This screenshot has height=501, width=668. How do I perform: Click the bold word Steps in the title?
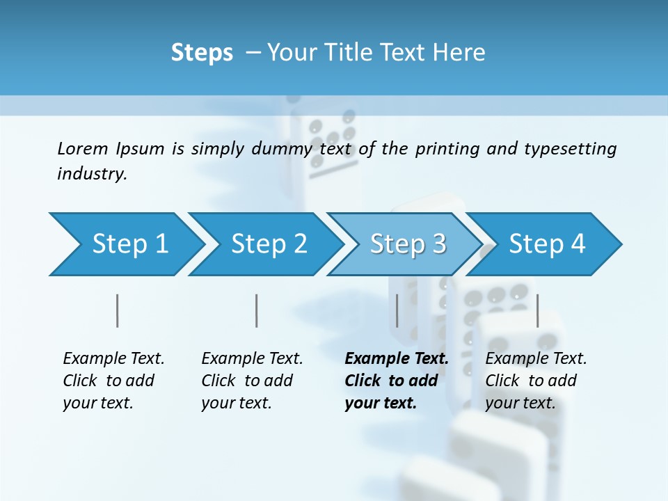pyautogui.click(x=202, y=53)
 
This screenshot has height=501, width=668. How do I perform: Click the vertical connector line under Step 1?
pyautogui.click(x=118, y=310)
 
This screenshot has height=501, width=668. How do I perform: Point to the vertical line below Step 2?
pyautogui.click(x=257, y=310)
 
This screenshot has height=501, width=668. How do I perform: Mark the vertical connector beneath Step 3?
pyautogui.click(x=397, y=310)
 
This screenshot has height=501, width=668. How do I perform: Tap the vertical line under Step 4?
pyautogui.click(x=537, y=310)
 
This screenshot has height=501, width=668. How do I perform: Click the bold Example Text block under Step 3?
pyautogui.click(x=397, y=381)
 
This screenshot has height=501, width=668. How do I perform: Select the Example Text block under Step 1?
pyautogui.click(x=113, y=381)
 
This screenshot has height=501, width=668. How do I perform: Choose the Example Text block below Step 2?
pyautogui.click(x=252, y=381)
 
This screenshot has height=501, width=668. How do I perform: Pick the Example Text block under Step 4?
pyautogui.click(x=536, y=381)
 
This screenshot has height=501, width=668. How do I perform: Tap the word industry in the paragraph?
pyautogui.click(x=92, y=174)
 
